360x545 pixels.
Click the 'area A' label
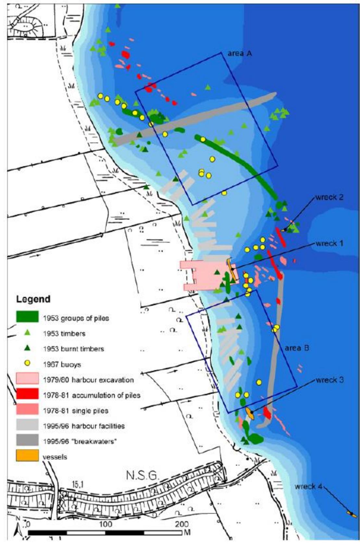(x=239, y=53)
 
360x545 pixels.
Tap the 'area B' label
(x=297, y=348)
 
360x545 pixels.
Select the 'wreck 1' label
(x=329, y=243)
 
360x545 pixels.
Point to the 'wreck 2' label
(x=329, y=197)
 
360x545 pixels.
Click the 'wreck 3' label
(x=329, y=380)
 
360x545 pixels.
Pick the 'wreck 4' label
(x=309, y=486)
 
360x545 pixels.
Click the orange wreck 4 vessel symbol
(x=352, y=514)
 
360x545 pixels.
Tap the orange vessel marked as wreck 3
(x=250, y=413)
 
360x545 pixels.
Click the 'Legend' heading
(x=33, y=299)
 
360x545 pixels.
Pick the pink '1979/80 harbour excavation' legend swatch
(x=27, y=379)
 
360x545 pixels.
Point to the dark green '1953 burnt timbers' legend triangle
(x=28, y=348)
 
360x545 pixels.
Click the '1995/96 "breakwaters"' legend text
(x=80, y=441)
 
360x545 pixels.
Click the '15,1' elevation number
(x=77, y=485)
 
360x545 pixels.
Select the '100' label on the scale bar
(x=106, y=524)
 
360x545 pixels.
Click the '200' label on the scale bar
(x=182, y=524)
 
